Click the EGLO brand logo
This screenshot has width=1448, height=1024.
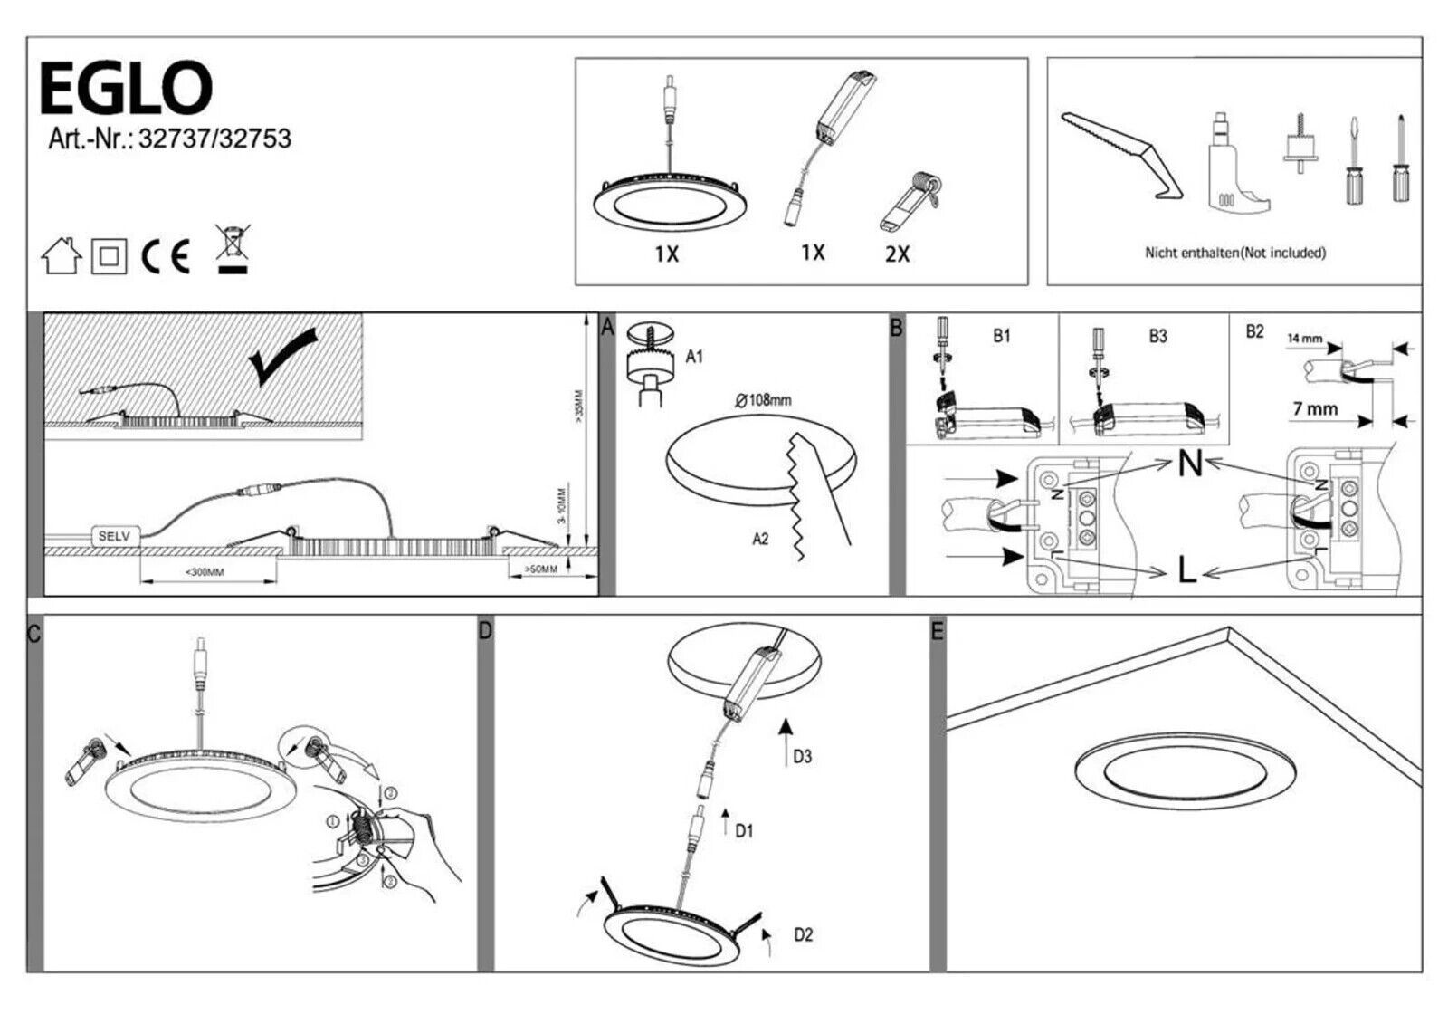126,88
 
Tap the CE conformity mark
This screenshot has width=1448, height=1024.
167,257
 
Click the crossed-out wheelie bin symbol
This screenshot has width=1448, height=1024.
233,249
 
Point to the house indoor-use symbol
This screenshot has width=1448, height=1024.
62,256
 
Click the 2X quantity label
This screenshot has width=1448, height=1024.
897,254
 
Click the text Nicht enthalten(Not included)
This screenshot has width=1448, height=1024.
1234,253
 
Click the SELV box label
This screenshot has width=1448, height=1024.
114,536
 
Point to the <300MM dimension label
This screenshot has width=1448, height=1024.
205,572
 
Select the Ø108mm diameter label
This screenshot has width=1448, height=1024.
763,400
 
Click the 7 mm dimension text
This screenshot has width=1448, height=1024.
1315,409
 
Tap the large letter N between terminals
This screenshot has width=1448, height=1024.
1190,464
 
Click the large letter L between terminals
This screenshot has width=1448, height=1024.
1187,569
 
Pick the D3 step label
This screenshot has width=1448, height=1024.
802,756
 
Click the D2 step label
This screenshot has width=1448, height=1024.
803,934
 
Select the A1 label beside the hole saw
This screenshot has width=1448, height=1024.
694,357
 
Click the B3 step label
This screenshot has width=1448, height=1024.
1157,336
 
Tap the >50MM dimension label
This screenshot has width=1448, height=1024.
541,569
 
